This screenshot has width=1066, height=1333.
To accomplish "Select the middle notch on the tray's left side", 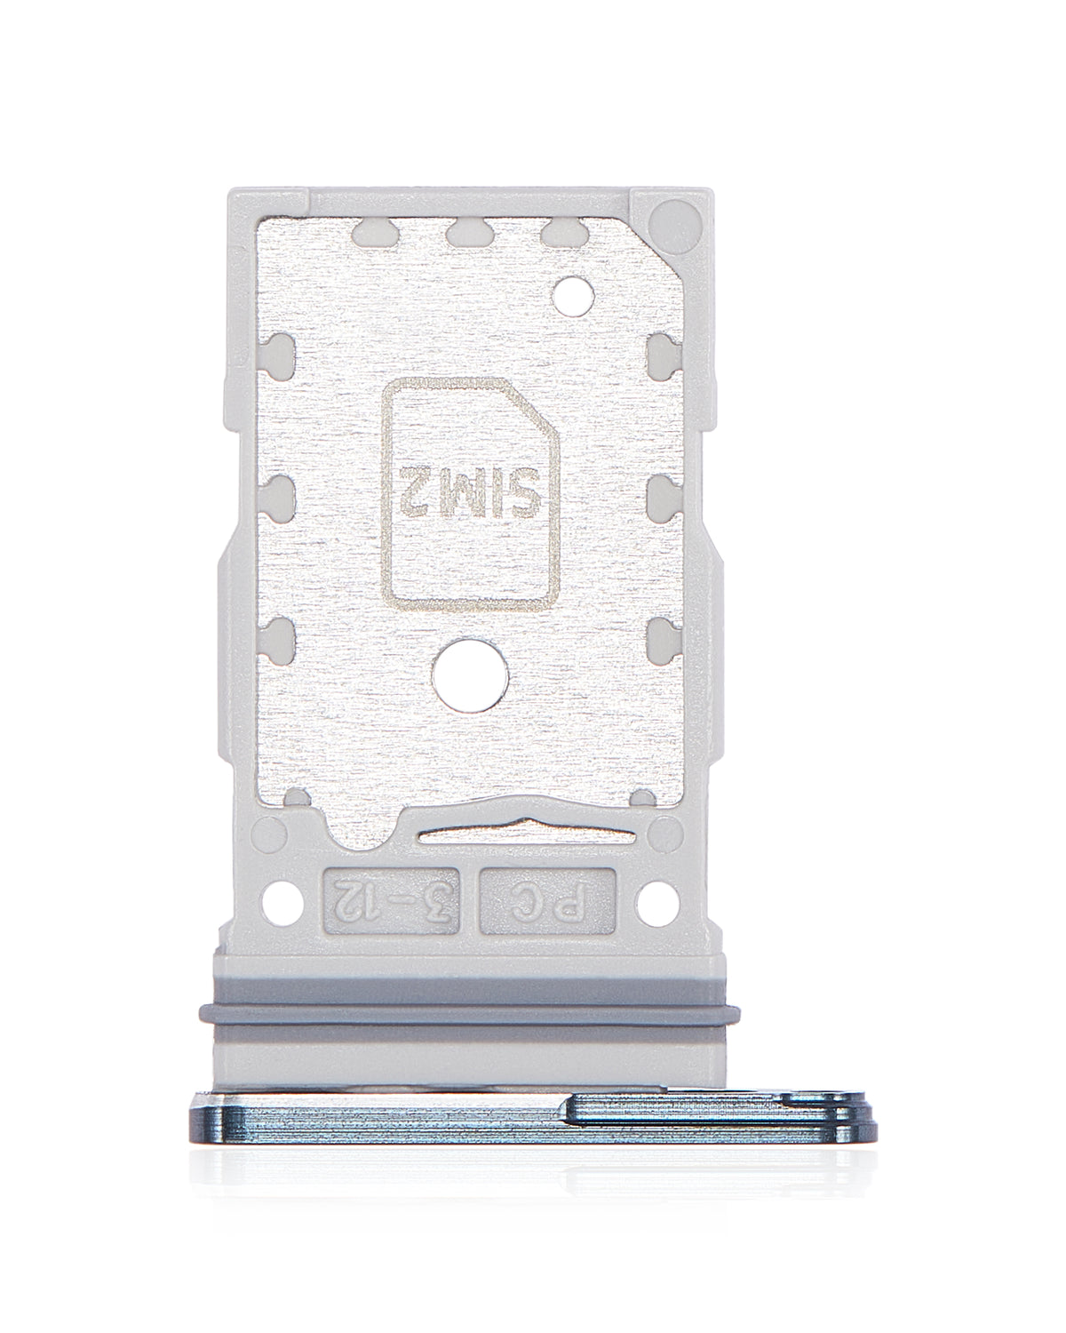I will pos(278,494).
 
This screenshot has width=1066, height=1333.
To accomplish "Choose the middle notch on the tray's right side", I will pos(664,494).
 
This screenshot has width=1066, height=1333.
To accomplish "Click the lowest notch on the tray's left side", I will pos(278,636).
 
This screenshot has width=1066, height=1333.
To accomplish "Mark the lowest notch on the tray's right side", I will pos(664,636).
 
